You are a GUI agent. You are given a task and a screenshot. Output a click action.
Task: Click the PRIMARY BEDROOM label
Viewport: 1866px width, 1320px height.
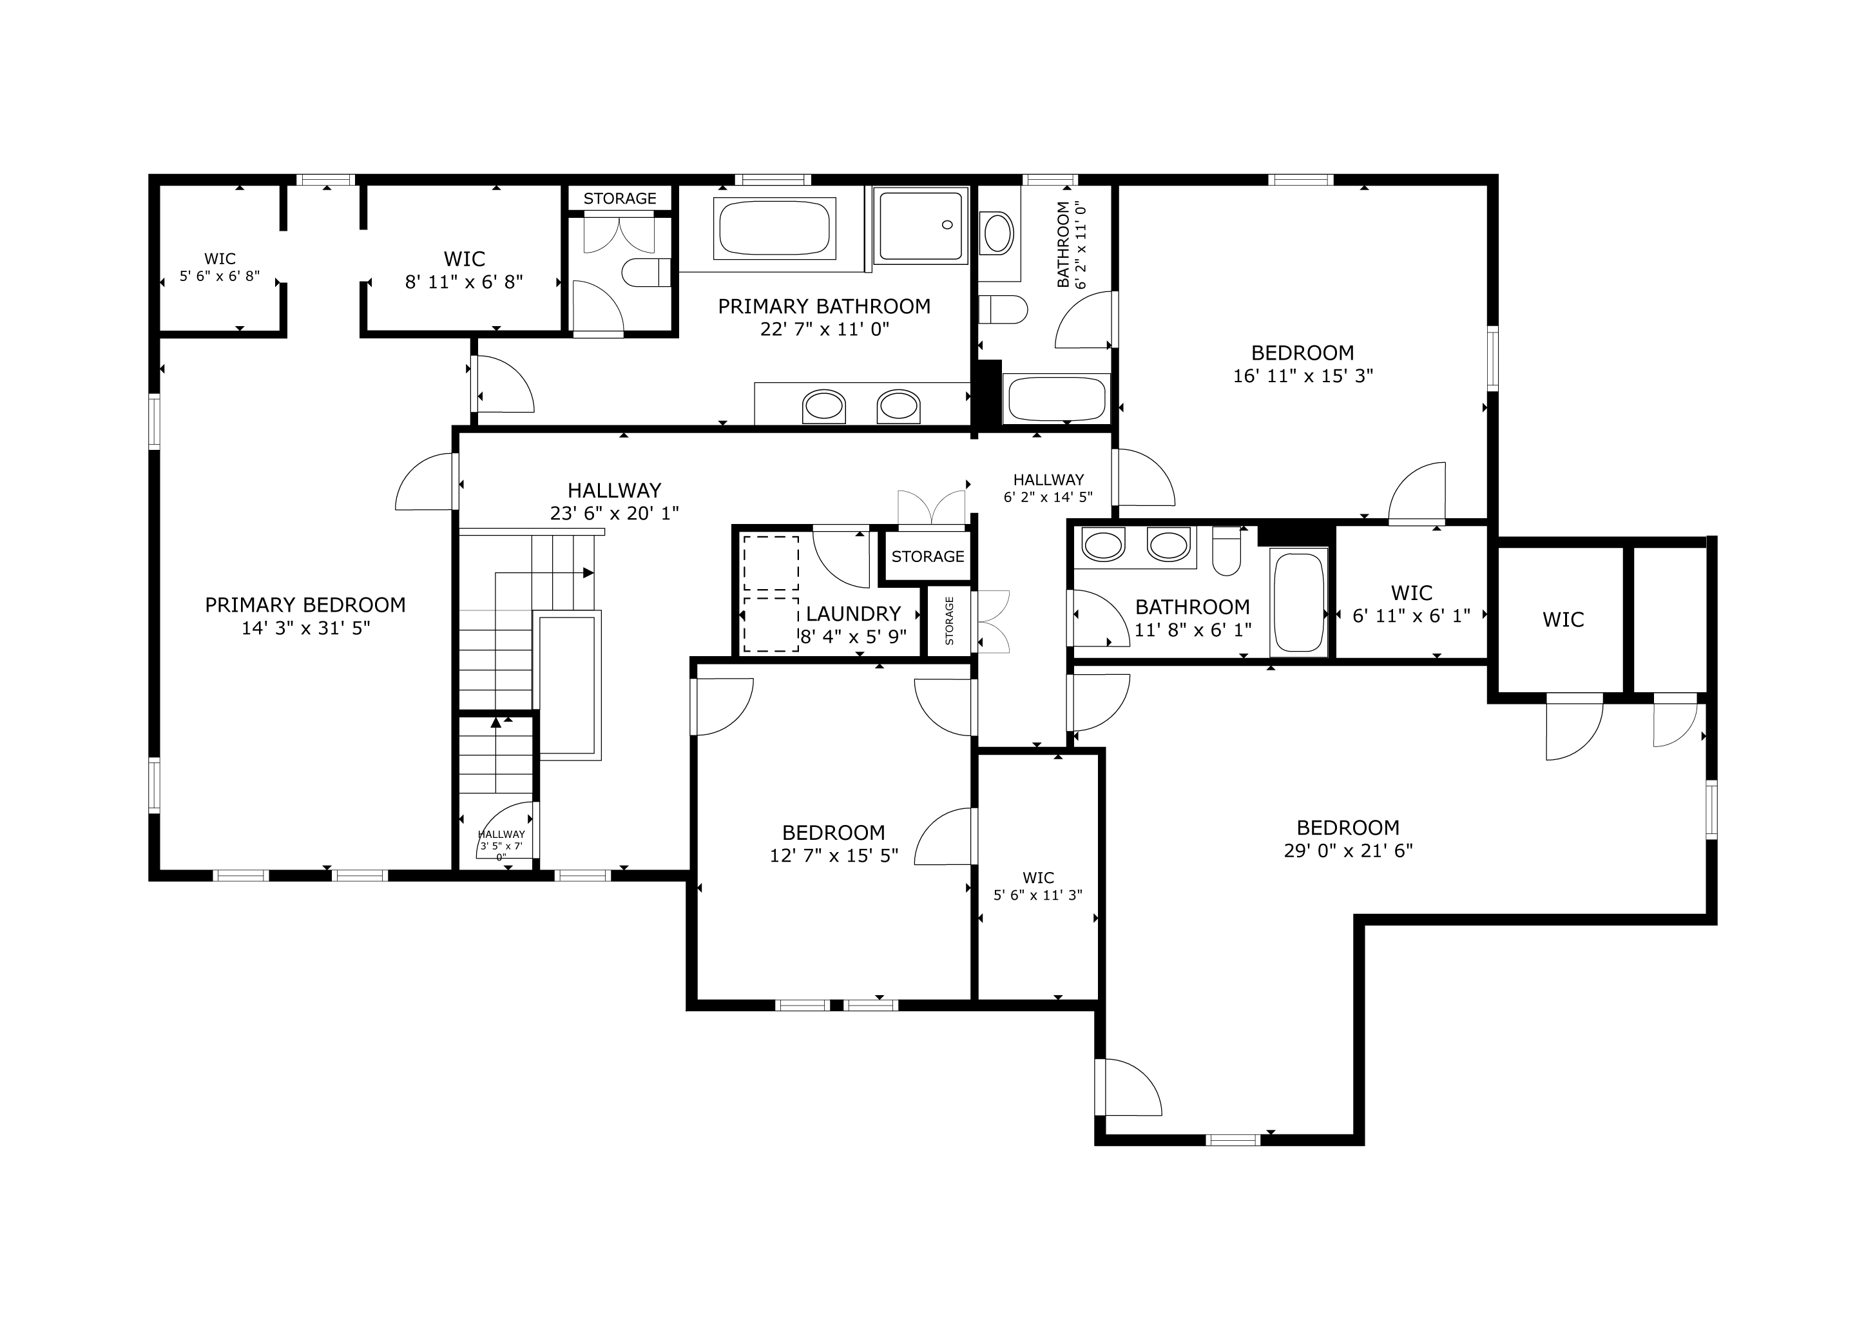point(305,605)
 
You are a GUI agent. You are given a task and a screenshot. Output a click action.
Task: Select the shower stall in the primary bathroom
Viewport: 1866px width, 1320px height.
point(921,225)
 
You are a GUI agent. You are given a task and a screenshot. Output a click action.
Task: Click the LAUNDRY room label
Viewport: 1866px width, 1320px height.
point(853,614)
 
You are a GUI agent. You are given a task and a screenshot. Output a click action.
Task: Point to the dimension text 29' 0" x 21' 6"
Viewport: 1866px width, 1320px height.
point(1349,850)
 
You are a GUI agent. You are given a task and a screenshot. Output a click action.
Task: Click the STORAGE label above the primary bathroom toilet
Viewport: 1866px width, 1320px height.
point(619,199)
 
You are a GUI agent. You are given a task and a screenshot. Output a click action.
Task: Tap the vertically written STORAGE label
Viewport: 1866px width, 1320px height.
point(949,621)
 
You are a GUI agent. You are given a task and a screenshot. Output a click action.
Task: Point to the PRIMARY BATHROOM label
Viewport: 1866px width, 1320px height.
point(824,306)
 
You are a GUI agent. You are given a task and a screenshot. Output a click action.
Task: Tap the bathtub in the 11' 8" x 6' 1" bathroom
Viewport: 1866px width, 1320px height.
point(1299,602)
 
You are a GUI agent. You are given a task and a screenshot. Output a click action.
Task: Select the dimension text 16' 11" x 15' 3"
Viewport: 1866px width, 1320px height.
point(1303,376)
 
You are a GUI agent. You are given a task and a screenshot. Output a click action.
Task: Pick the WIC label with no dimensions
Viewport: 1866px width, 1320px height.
point(1563,619)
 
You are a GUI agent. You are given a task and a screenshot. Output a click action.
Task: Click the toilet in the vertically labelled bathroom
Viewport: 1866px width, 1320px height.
point(1003,309)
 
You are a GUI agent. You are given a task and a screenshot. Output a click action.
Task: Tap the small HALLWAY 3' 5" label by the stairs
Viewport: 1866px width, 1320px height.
point(501,846)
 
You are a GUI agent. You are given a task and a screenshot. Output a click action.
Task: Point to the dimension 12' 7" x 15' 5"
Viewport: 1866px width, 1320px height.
point(834,855)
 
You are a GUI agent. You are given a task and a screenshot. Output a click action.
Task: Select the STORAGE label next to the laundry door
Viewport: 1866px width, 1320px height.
point(927,557)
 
